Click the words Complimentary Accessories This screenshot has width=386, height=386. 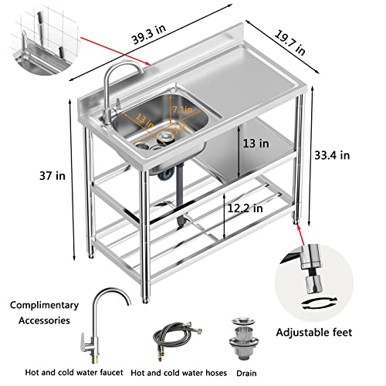[43, 312]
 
